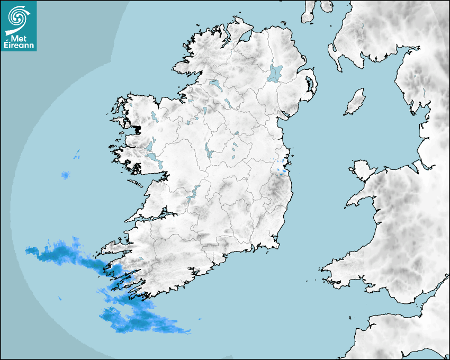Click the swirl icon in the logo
18,16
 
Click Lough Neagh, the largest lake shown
275,73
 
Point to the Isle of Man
355,102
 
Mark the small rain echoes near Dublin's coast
282,167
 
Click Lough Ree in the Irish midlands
208,152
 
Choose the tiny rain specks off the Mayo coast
77,155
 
